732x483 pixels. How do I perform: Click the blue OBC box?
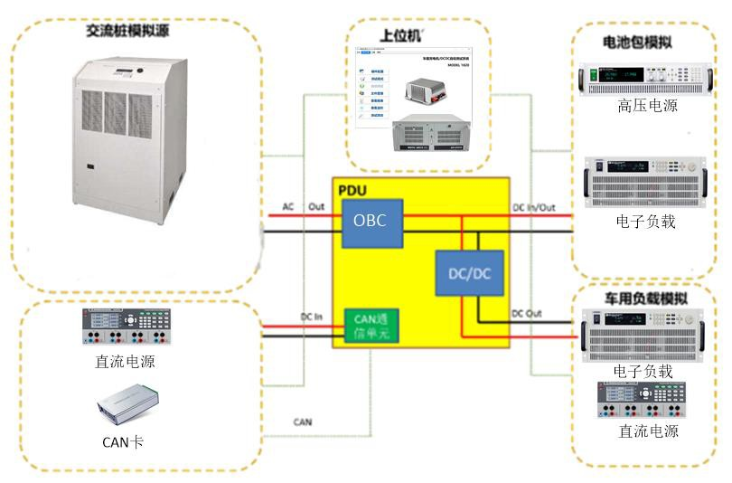tap(371, 223)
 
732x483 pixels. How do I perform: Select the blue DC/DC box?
tap(470, 271)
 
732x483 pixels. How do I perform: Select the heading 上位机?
tap(400, 38)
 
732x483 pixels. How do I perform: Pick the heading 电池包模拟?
tap(637, 43)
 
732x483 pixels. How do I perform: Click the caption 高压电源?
tap(648, 106)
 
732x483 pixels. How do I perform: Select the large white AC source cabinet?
tap(134, 136)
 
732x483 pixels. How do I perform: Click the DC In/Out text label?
tap(533, 208)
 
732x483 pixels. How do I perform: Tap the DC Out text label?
tap(526, 314)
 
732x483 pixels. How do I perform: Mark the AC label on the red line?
tap(287, 208)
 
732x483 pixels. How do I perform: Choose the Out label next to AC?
tap(315, 208)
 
